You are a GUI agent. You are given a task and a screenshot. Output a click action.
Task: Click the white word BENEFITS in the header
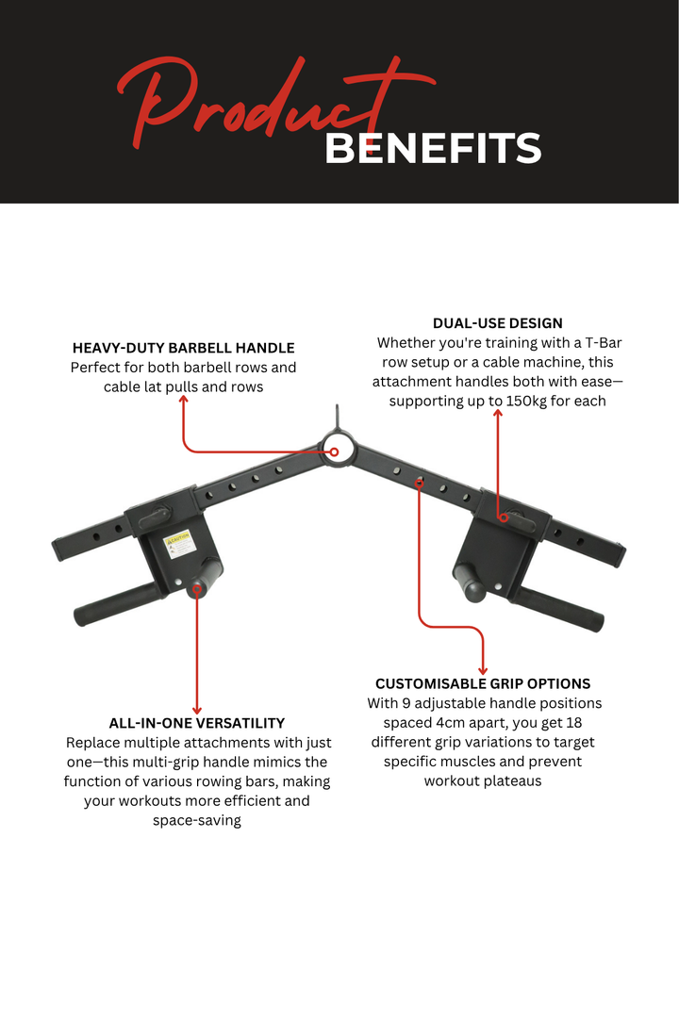(x=433, y=148)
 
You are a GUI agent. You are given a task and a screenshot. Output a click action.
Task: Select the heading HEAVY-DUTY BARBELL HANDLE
(x=184, y=348)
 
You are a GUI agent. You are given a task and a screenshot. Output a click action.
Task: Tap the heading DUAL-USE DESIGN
(x=497, y=323)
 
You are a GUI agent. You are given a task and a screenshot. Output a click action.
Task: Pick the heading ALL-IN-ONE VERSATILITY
(x=197, y=723)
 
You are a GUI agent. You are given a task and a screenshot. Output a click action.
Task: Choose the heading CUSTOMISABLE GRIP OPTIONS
(x=483, y=683)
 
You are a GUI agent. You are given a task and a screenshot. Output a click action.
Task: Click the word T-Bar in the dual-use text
(x=600, y=343)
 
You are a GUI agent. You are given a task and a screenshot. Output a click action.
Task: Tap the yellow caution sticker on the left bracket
(x=177, y=542)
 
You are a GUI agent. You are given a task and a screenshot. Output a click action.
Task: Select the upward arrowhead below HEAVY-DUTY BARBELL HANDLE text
(x=184, y=400)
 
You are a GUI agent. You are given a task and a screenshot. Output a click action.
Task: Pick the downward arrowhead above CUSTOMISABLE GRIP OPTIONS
(x=483, y=668)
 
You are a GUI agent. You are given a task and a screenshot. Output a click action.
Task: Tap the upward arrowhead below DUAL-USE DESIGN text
(x=498, y=416)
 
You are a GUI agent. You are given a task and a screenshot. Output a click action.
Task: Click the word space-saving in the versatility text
(x=197, y=820)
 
